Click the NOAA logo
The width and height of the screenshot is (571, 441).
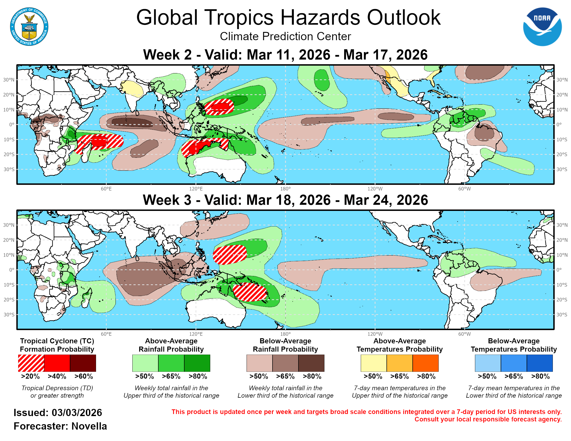(x=542, y=27)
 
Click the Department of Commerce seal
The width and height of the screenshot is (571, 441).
(x=29, y=27)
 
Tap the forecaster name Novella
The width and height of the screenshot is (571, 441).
(x=89, y=426)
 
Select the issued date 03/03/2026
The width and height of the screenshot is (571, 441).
(x=77, y=412)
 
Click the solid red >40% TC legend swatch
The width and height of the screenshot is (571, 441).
(x=57, y=363)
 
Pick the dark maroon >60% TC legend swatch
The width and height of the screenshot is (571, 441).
(x=83, y=363)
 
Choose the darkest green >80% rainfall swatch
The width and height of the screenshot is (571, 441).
(x=197, y=363)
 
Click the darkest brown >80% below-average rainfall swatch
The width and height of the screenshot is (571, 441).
(x=311, y=363)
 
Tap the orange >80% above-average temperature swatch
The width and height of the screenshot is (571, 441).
(x=425, y=363)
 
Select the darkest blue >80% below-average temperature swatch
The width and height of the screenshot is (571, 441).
(x=540, y=363)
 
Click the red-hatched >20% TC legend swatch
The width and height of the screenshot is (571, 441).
(x=31, y=363)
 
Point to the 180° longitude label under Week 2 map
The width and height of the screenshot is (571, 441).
(x=285, y=189)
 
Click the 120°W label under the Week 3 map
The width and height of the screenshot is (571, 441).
(x=375, y=334)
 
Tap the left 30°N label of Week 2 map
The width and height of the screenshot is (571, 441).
(x=9, y=80)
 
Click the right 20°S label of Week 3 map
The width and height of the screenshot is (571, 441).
(x=562, y=300)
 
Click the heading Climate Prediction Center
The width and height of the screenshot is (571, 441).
(x=285, y=36)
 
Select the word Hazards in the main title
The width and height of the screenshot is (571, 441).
(x=320, y=17)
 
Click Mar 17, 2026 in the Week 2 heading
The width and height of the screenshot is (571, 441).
(x=385, y=54)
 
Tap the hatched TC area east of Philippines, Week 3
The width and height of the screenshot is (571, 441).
(x=229, y=254)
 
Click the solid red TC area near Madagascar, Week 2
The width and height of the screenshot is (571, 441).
(x=99, y=142)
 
